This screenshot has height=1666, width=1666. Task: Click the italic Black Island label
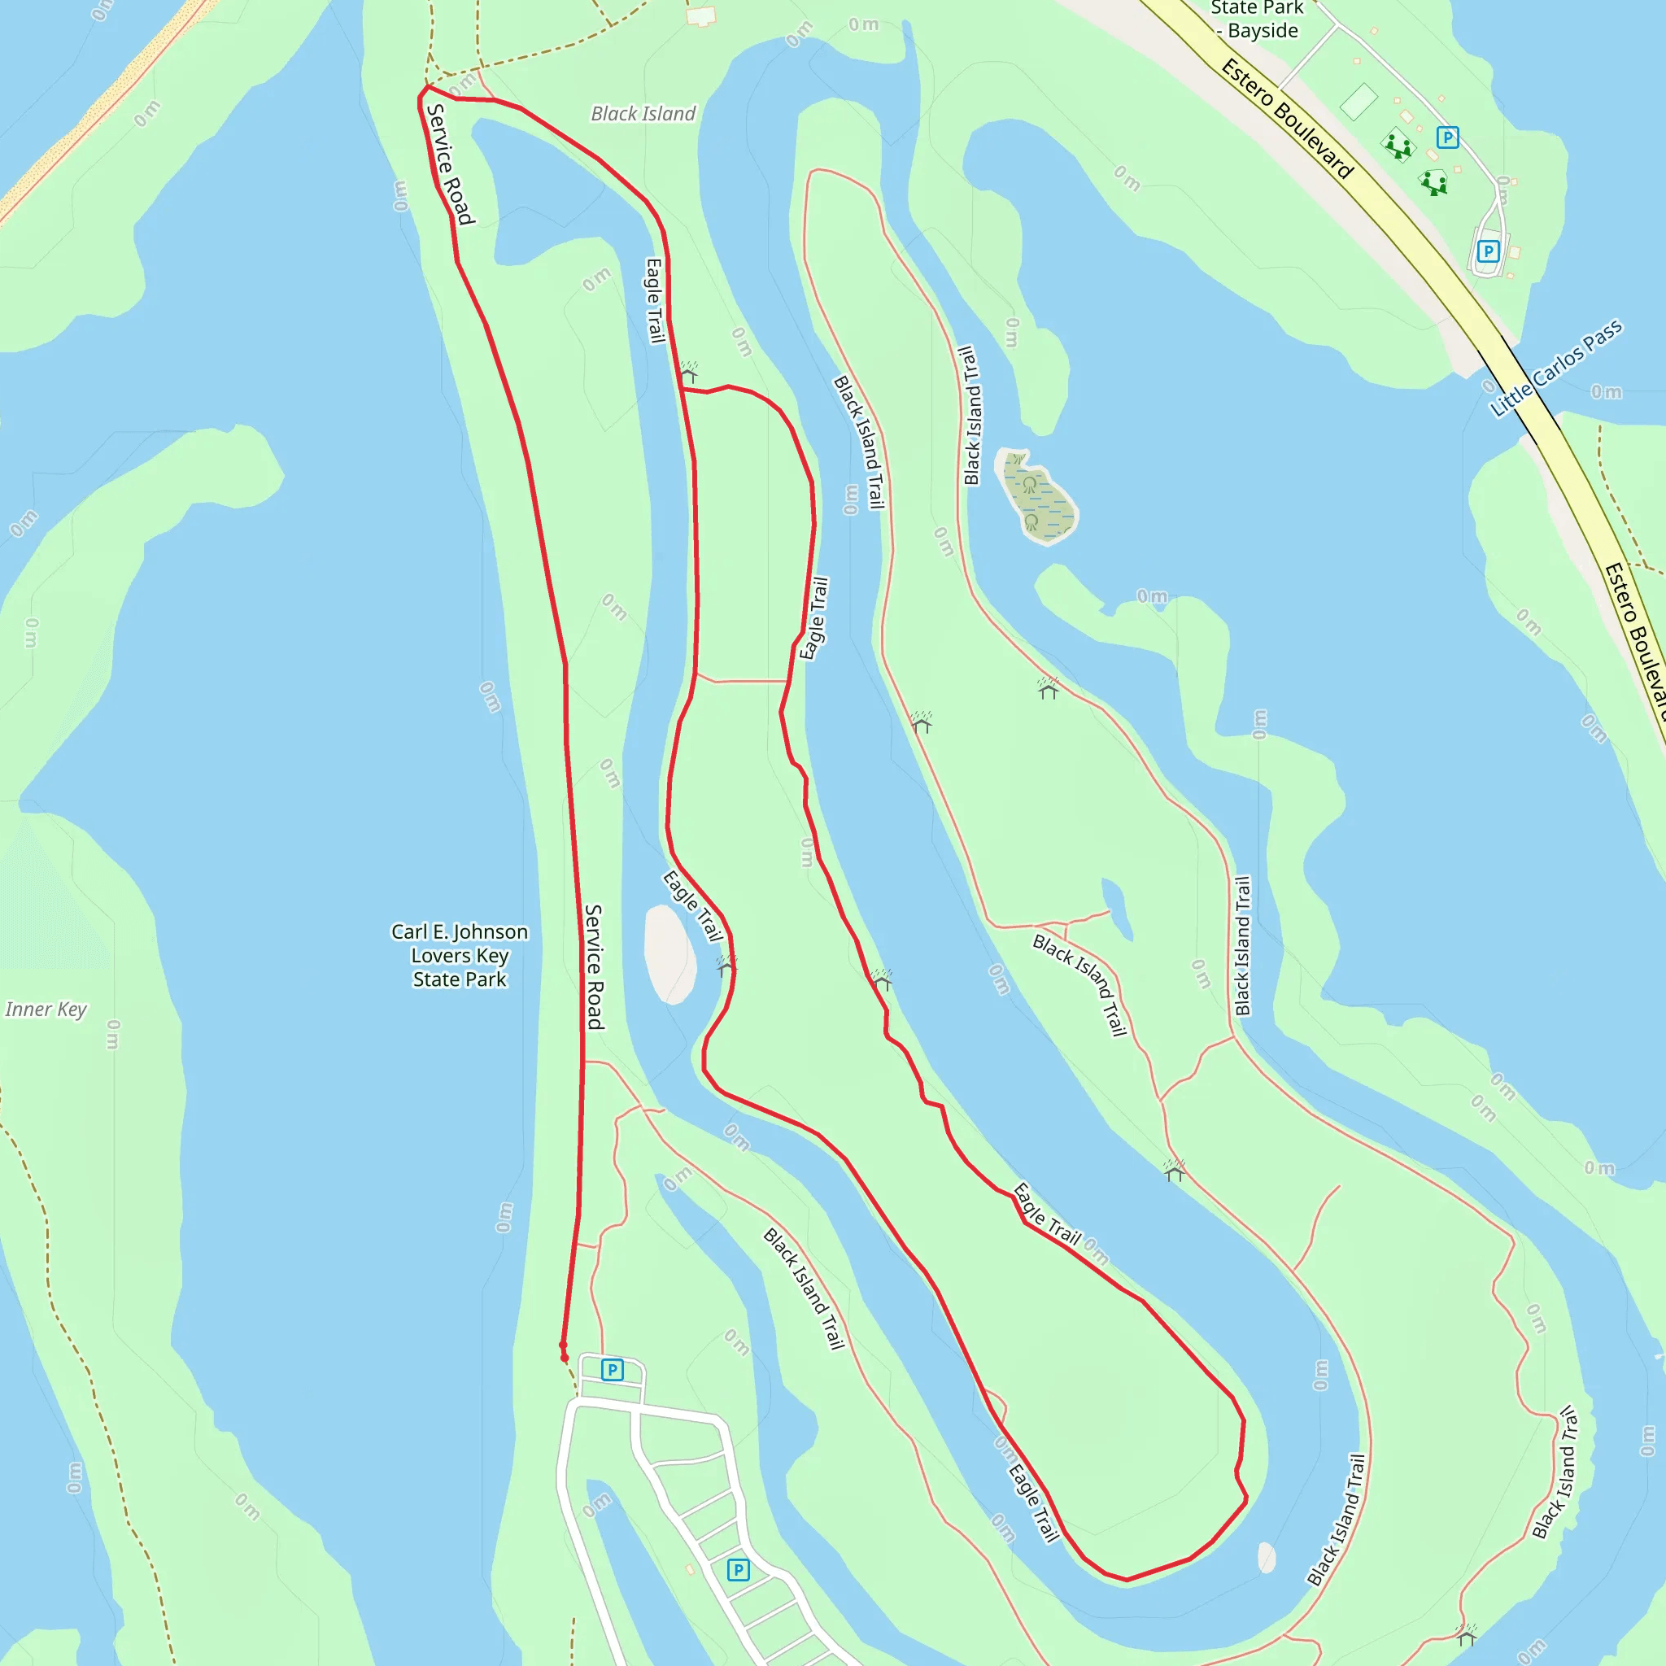643,114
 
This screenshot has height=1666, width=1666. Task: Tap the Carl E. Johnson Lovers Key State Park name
460,956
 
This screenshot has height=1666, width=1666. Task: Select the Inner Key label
46,1009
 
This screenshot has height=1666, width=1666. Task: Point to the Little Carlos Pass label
1556,369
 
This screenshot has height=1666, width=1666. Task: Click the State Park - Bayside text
1258,20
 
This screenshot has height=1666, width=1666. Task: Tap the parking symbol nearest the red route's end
613,1369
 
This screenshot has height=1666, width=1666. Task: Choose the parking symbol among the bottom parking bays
738,1569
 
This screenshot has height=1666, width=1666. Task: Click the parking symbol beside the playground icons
1448,137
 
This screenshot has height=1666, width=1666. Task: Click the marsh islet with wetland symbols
1038,498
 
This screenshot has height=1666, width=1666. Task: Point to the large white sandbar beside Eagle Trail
669,954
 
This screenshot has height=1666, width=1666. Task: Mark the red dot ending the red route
565,1359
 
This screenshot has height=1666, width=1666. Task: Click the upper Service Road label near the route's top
450,164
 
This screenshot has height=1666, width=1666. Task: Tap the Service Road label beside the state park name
594,966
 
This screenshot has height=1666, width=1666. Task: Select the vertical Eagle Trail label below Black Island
655,301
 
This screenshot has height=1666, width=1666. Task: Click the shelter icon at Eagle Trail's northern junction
689,373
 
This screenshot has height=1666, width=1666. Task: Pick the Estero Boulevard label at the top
1288,118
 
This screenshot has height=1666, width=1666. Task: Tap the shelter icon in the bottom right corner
1467,1635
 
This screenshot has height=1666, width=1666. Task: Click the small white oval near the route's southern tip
1267,1557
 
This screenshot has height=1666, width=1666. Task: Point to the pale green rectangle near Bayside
1359,102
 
